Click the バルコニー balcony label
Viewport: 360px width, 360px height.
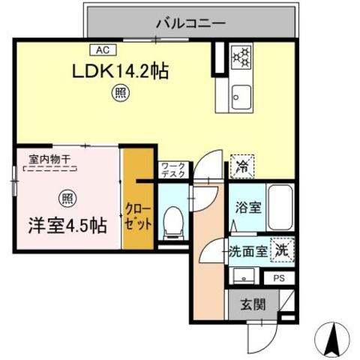point(190,23)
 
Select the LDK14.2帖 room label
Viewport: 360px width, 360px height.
point(120,72)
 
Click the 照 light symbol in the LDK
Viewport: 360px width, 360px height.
point(120,93)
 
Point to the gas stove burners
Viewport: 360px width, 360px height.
point(241,57)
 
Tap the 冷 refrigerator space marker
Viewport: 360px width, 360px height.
point(242,164)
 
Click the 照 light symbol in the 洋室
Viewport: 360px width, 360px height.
point(65,198)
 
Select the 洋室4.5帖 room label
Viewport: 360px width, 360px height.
point(67,224)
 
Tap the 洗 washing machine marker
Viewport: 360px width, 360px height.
point(281,249)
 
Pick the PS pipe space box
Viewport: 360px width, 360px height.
point(280,277)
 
